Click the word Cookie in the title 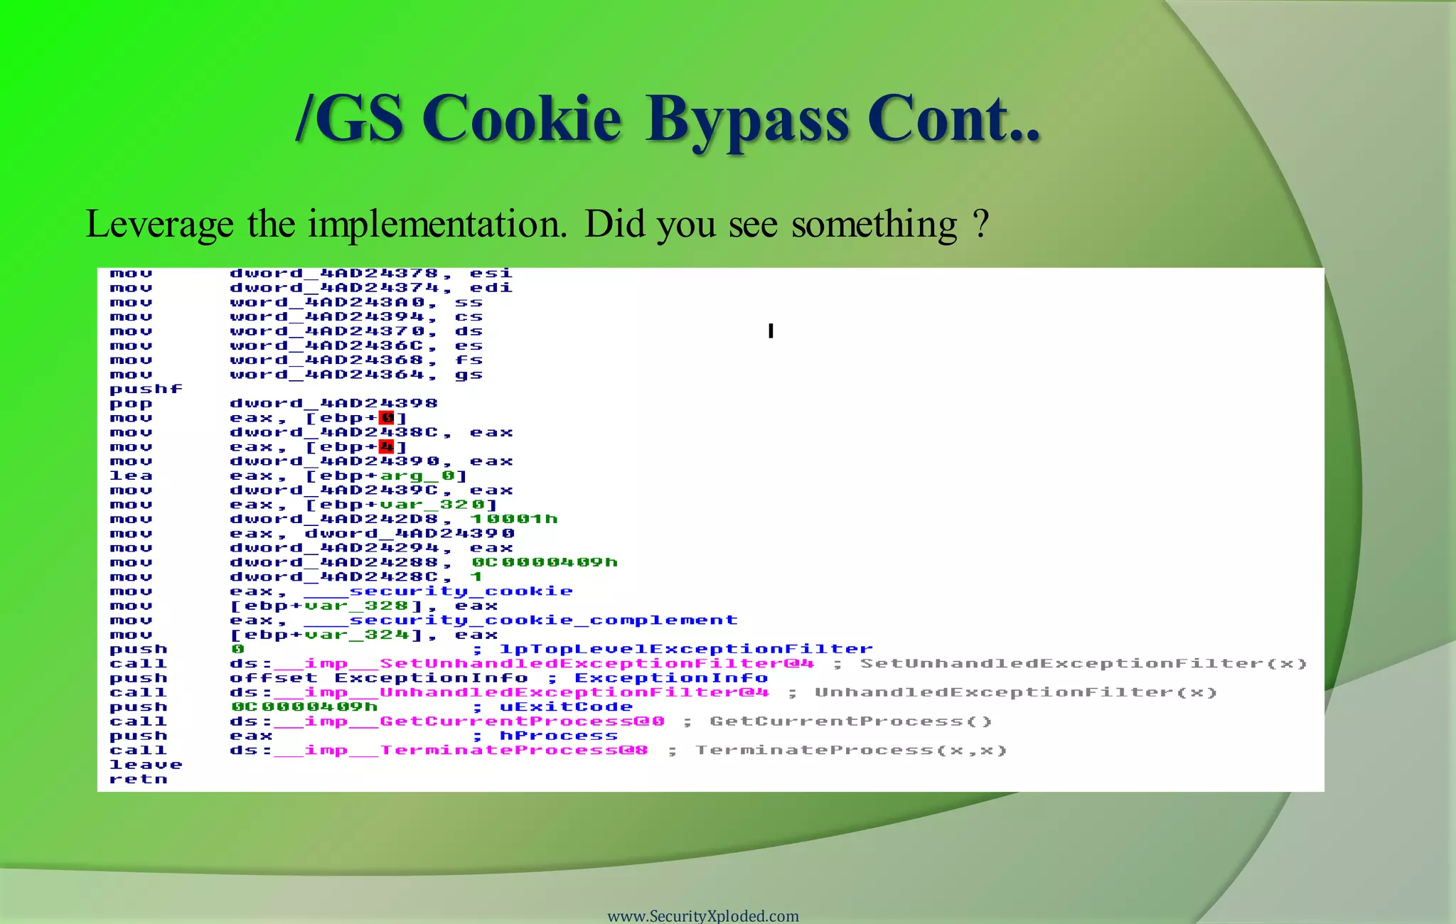525,119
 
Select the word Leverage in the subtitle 159,225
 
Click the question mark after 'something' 981,225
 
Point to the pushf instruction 146,389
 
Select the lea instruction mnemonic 131,476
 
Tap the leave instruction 146,765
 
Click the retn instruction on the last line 139,779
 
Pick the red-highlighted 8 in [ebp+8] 386,418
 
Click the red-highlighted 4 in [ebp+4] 386,447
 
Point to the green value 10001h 514,519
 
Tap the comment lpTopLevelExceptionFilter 686,649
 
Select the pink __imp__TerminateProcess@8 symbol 461,751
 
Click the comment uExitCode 566,707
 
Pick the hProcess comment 559,736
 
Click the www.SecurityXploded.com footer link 703,915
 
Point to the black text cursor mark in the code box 771,331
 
